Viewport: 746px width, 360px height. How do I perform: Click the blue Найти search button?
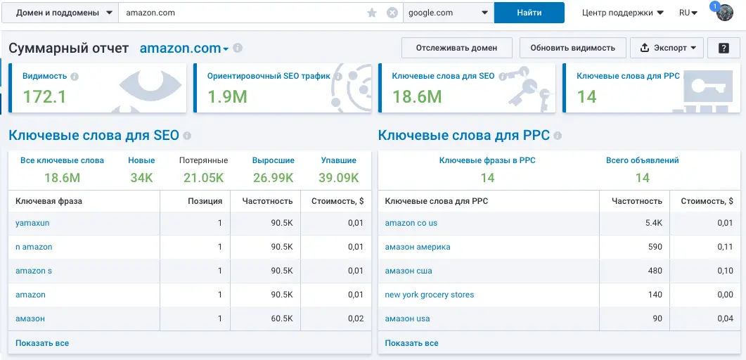click(529, 13)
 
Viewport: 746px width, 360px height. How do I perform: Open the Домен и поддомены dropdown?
click(60, 13)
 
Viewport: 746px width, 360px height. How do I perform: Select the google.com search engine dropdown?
click(448, 13)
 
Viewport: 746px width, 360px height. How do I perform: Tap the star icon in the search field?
click(372, 13)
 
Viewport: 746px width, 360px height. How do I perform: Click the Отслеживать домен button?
click(456, 48)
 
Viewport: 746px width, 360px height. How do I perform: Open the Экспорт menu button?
click(667, 48)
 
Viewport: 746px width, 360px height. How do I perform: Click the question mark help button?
click(723, 48)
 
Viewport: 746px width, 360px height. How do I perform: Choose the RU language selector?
click(688, 13)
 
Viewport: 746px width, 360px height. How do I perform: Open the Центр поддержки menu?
click(623, 13)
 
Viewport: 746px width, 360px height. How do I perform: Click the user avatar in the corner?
click(724, 13)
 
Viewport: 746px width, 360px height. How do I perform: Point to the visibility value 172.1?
click(45, 96)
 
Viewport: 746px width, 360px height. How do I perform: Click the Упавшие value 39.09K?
click(338, 177)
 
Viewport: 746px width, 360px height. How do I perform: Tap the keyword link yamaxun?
click(32, 223)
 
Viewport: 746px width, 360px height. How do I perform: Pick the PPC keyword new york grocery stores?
click(430, 295)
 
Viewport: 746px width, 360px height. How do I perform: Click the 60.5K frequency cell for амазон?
click(281, 319)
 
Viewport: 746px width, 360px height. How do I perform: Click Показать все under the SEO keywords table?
click(42, 343)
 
